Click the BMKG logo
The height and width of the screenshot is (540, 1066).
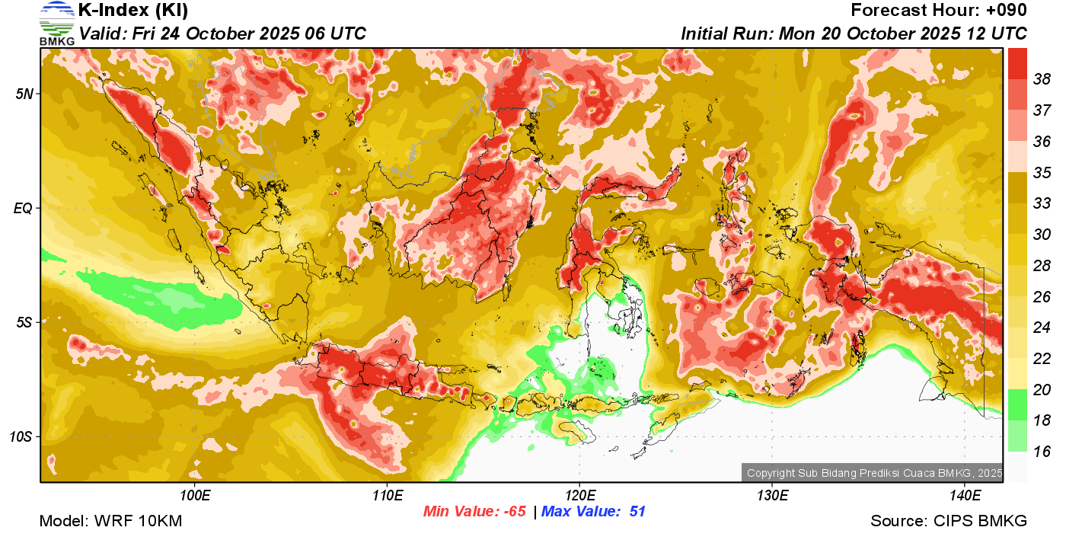[x=56, y=23]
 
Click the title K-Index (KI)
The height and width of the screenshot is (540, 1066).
[x=133, y=11]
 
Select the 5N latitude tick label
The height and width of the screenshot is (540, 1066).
[x=25, y=94]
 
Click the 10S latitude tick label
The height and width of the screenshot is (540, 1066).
[x=22, y=436]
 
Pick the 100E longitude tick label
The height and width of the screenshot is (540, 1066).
[x=195, y=495]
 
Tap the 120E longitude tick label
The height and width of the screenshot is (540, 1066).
[x=579, y=495]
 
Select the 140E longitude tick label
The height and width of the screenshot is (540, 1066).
[x=965, y=495]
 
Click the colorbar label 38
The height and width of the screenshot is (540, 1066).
[x=1042, y=78]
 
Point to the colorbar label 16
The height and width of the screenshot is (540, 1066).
[x=1042, y=452]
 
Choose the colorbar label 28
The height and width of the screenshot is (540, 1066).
[x=1042, y=265]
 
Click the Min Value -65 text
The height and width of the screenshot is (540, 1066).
[x=475, y=512]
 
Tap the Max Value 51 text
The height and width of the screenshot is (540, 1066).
[x=593, y=512]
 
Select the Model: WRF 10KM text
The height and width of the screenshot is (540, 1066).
[x=110, y=522]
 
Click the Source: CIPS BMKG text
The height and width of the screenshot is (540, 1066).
[x=949, y=522]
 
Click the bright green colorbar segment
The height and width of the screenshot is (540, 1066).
[x=1017, y=404]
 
